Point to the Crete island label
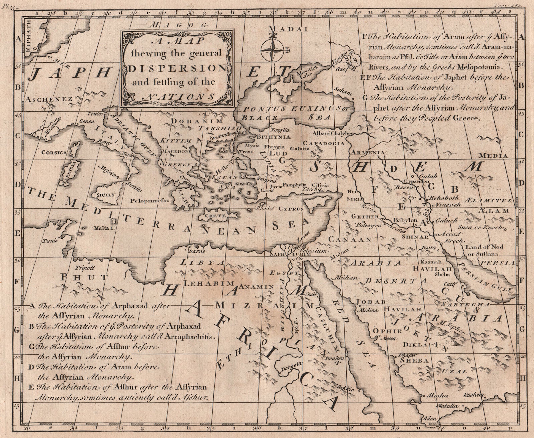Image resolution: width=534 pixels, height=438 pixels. pyautogui.click(x=218, y=216)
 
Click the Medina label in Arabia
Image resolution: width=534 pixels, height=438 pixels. pyautogui.click(x=367, y=310)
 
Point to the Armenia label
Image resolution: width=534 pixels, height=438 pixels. pyautogui.click(x=367, y=152)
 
